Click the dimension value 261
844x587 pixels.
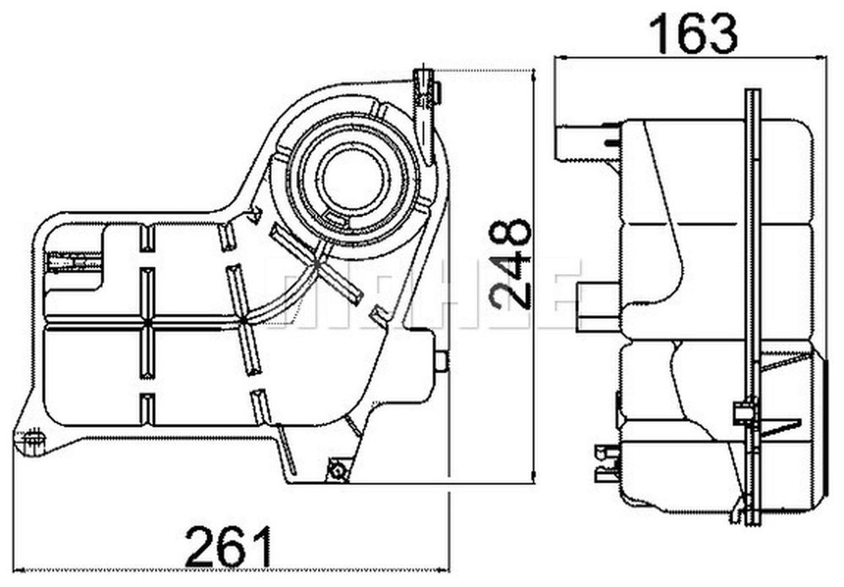point(228,547)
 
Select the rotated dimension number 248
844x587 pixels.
point(511,264)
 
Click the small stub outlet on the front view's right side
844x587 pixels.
point(440,361)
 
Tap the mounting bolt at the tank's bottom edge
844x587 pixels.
point(338,470)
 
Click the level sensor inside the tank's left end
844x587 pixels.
point(73,263)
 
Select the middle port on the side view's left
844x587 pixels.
point(597,306)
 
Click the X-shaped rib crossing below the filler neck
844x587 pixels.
point(316,264)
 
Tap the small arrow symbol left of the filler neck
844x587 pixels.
point(253,214)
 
